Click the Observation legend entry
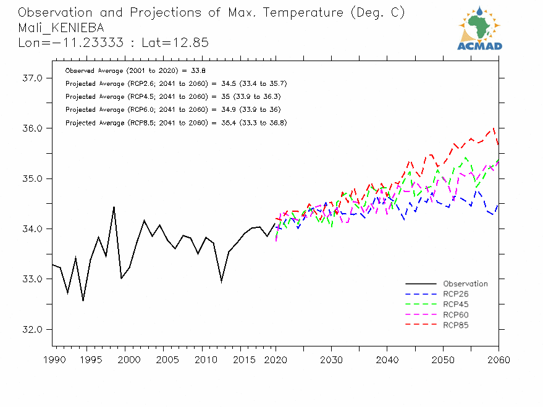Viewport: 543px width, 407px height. (x=465, y=284)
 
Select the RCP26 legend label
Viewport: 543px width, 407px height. (x=456, y=294)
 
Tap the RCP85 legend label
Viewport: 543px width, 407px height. (x=456, y=325)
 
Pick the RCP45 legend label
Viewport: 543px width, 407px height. (x=456, y=304)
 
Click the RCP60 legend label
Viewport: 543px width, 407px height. (x=456, y=315)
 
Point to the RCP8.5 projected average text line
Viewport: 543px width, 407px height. (x=175, y=123)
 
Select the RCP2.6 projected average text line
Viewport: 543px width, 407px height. (x=175, y=83)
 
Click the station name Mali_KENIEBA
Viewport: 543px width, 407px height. (x=61, y=28)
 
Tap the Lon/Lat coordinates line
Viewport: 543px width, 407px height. (x=113, y=43)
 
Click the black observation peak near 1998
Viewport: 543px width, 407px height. (x=114, y=207)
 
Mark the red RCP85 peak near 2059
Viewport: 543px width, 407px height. (x=494, y=128)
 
